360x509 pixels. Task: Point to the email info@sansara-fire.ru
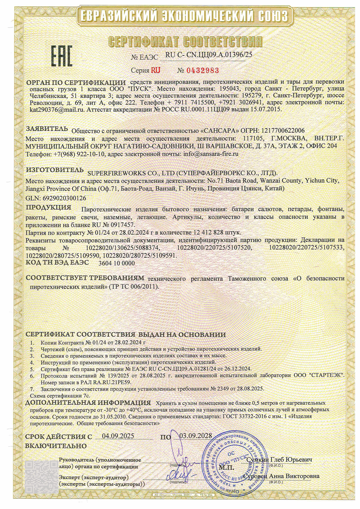[211, 154]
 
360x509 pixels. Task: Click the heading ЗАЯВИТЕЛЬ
[47, 129]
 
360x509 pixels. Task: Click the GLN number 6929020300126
[64, 198]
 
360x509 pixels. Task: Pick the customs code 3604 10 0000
[117, 263]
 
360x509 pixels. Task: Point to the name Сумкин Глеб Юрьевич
[279, 460]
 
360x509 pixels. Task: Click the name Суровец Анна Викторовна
[282, 476]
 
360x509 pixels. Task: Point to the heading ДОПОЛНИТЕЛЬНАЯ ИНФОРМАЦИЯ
[88, 403]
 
